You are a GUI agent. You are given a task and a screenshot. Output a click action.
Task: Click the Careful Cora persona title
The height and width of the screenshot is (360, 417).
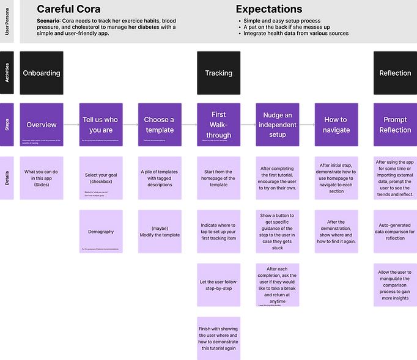[68, 9]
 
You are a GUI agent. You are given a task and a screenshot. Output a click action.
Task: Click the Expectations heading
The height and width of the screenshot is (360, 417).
[269, 9]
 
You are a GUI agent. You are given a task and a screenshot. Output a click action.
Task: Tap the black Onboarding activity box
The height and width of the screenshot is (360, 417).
[41, 73]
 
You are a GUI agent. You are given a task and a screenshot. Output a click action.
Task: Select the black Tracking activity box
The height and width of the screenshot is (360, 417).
[218, 73]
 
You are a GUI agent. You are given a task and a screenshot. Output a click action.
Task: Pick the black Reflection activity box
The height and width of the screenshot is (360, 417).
[394, 73]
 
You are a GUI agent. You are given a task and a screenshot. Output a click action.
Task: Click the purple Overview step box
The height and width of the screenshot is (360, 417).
[41, 125]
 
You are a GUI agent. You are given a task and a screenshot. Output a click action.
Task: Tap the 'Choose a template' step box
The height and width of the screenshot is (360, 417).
[159, 125]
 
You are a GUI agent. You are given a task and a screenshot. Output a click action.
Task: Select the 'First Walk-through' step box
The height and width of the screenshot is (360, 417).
[218, 125]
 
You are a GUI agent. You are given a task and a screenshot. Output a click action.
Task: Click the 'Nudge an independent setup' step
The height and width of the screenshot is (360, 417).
[278, 125]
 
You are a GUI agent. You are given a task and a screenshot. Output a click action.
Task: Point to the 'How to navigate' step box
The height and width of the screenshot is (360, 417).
[336, 125]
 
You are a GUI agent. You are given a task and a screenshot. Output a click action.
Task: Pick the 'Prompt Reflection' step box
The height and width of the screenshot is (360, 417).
[394, 125]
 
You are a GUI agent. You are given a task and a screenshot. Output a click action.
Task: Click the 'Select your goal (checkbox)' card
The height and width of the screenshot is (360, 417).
[101, 178]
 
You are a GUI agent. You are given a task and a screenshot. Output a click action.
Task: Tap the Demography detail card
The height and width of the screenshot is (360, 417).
[101, 232]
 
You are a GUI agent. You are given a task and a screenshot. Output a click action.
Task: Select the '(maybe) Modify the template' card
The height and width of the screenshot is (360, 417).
[159, 232]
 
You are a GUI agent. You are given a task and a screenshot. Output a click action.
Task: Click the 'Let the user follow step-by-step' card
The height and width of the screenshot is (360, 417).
[218, 285]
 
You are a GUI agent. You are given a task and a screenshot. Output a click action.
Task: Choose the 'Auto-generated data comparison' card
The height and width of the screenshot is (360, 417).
[394, 232]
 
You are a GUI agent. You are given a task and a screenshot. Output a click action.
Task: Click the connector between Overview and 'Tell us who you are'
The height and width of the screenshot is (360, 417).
[72, 125]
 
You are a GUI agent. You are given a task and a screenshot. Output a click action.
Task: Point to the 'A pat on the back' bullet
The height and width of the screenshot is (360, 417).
[284, 27]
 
